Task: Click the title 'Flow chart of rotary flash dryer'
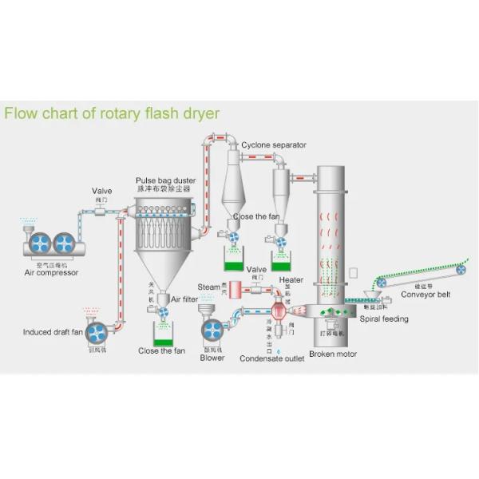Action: pos(112,113)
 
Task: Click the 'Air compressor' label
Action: pos(52,272)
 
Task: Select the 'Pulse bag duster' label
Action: pos(164,181)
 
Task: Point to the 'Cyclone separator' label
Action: pos(274,145)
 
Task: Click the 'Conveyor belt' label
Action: pos(426,293)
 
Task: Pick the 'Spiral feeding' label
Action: pos(384,319)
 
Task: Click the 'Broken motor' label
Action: pos(333,354)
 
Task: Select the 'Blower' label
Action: pos(212,358)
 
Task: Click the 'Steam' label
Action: pos(209,287)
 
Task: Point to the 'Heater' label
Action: pos(291,280)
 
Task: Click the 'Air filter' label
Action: pos(184,299)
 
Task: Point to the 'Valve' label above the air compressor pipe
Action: pos(102,191)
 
